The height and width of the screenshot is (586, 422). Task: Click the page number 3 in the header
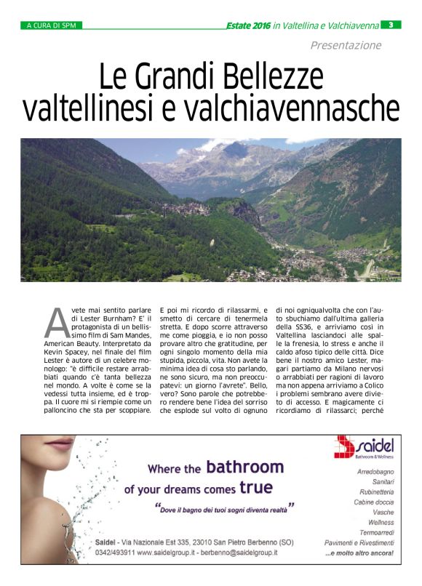(x=391, y=25)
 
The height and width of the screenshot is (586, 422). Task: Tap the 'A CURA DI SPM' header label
(x=51, y=25)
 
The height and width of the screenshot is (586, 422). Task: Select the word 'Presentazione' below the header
(x=346, y=45)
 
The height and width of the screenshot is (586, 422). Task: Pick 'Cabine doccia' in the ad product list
(x=373, y=502)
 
